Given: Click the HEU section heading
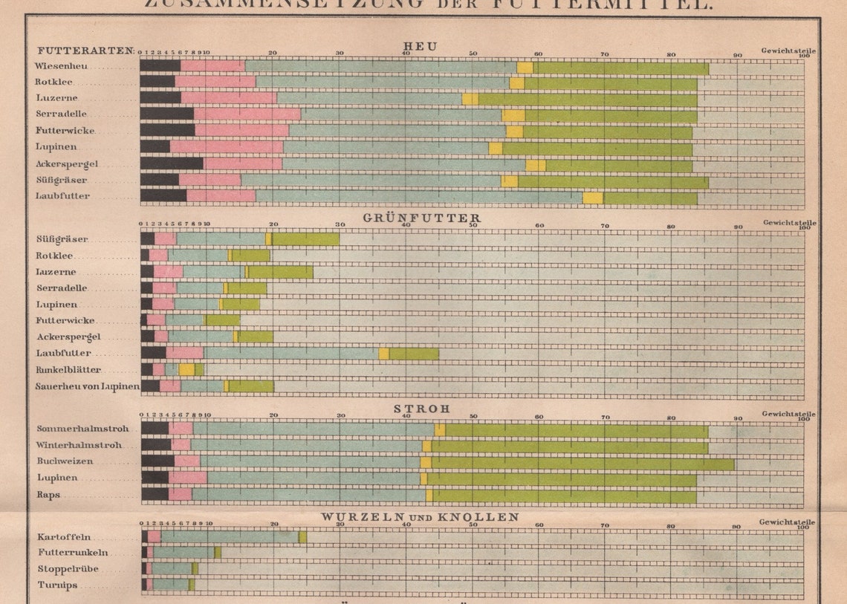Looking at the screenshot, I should pyautogui.click(x=420, y=46).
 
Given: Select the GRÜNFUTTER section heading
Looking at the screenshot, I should pyautogui.click(x=421, y=218).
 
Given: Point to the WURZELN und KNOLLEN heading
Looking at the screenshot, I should pyautogui.click(x=420, y=516).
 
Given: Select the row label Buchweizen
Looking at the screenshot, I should pyautogui.click(x=64, y=461).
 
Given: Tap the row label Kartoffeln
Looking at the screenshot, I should pyautogui.click(x=63, y=537).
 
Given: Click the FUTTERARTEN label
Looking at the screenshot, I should pyautogui.click(x=85, y=51).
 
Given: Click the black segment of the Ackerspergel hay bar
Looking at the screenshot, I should pyautogui.click(x=172, y=163).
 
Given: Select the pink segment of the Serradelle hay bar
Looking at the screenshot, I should pyautogui.click(x=247, y=114).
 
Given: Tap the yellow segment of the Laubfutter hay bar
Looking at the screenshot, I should pyautogui.click(x=592, y=198).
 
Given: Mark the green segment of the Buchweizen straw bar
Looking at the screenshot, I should pyautogui.click(x=582, y=462).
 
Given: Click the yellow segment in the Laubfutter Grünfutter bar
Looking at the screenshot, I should pyautogui.click(x=383, y=354).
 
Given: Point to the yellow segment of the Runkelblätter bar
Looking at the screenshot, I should pyautogui.click(x=186, y=369).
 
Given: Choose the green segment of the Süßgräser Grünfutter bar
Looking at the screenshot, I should pyautogui.click(x=305, y=239).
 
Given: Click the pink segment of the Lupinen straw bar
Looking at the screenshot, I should pyautogui.click(x=187, y=478).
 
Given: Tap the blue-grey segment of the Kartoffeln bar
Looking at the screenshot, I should pyautogui.click(x=230, y=536).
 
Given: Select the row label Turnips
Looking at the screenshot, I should pyautogui.click(x=57, y=585).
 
